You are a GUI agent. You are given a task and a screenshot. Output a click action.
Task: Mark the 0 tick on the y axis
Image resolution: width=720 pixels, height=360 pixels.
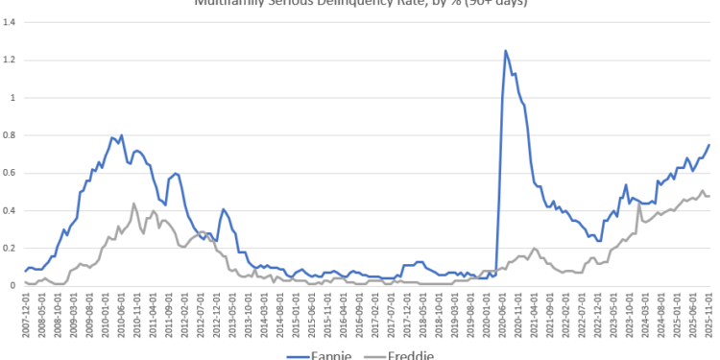click(x=12, y=285)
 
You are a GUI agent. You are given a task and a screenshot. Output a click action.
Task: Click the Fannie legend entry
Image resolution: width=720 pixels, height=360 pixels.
click(x=317, y=355)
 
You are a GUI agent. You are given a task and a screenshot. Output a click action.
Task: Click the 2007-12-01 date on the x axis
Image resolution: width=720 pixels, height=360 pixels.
click(x=27, y=317)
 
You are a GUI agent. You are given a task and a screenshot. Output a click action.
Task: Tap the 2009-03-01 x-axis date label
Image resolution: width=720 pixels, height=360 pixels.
click(x=74, y=317)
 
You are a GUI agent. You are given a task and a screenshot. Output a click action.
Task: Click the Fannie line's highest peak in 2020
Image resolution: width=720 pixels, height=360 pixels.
click(x=506, y=51)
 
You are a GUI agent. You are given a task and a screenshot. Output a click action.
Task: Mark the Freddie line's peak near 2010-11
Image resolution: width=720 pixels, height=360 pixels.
click(x=134, y=204)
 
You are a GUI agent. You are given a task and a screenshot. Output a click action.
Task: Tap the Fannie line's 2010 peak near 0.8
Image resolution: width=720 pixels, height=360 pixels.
click(x=121, y=135)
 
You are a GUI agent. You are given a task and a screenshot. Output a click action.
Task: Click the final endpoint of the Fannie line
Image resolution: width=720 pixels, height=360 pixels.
click(x=709, y=145)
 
